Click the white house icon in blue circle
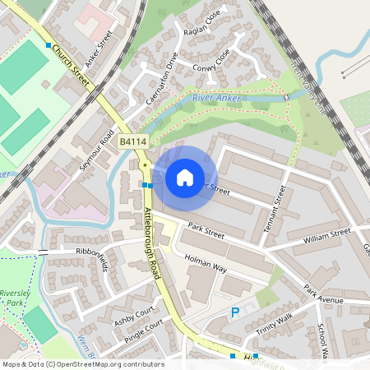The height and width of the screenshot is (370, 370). click(x=185, y=178)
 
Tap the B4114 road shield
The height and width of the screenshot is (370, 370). click(x=132, y=142)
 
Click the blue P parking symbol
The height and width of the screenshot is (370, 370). click(x=234, y=312)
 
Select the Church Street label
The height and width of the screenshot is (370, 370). click(x=71, y=62)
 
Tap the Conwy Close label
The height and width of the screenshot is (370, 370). click(x=211, y=62)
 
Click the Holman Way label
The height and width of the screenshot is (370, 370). click(x=205, y=257)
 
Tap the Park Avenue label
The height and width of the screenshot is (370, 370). click(x=322, y=294)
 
